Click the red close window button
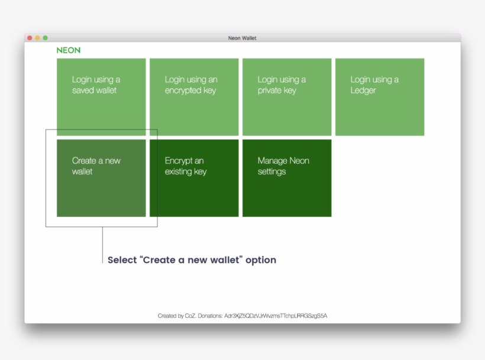(x=30, y=38)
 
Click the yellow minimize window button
(x=37, y=38)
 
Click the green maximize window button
(x=45, y=38)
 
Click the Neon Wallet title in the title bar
(x=242, y=38)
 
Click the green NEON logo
(x=69, y=50)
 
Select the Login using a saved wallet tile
(x=101, y=97)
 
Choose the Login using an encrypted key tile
(x=194, y=97)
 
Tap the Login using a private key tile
(x=287, y=97)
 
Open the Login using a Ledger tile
(x=380, y=97)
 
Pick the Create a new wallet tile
(x=101, y=178)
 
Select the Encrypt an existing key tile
(x=194, y=178)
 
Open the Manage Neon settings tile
(x=287, y=178)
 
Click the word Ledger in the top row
(x=363, y=90)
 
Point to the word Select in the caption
(x=122, y=260)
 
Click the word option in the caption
(x=261, y=260)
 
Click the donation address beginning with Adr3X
(x=276, y=316)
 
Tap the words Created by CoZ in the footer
(x=175, y=316)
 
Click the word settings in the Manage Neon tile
(x=271, y=171)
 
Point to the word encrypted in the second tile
(x=190, y=90)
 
